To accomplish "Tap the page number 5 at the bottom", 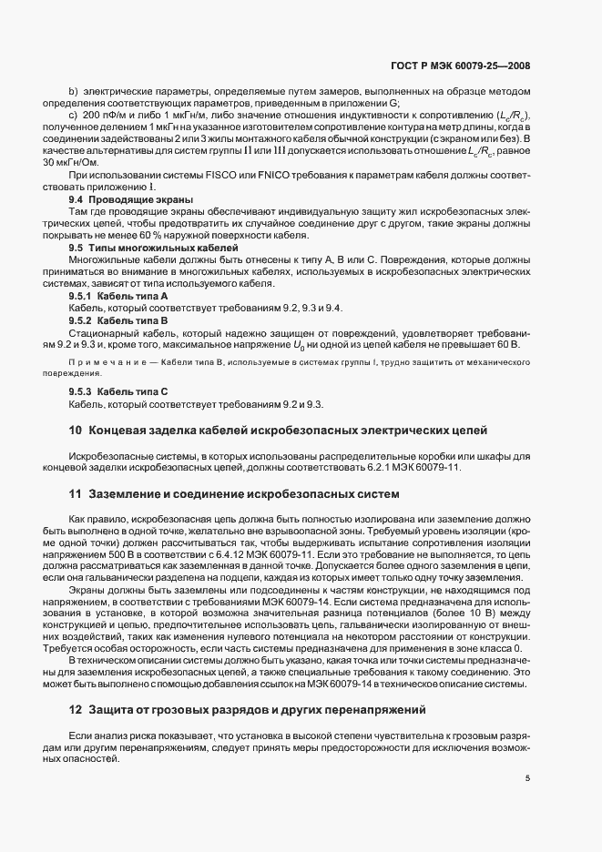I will click(526, 779).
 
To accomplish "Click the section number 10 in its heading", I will click(76, 429).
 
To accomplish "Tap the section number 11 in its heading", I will click(76, 494).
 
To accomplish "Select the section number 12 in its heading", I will click(76, 709).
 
